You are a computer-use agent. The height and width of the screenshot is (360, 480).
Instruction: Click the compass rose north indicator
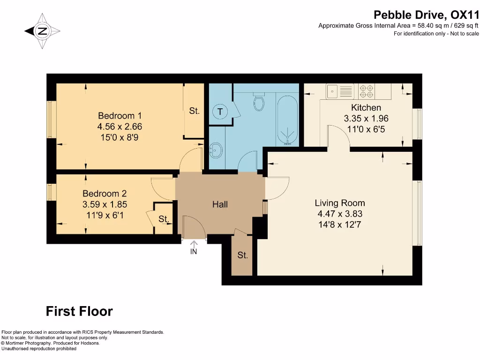coord(42,31)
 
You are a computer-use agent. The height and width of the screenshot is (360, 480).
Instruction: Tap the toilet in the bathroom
coord(259,101)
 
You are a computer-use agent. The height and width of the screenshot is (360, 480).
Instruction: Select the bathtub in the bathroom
coord(287,120)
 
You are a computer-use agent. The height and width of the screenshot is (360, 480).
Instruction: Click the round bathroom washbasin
coord(216,150)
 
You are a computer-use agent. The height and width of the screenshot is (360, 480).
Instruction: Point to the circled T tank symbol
coord(220,112)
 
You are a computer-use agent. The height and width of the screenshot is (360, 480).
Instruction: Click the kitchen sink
coord(339,91)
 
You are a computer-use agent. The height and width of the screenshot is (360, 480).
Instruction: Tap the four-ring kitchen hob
coord(367,91)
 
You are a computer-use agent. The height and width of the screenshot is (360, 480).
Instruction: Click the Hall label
coord(220,204)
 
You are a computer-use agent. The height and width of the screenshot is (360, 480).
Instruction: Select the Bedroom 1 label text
coord(120,116)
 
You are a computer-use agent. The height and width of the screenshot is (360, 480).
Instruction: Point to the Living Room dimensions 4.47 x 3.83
coord(340,214)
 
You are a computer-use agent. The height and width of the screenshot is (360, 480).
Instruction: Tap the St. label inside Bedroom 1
coord(194,111)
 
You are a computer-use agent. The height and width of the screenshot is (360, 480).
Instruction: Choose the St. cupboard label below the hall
coord(242,255)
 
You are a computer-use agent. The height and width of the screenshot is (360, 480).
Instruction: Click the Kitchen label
coord(366,107)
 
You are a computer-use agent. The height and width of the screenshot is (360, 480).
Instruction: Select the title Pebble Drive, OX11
coord(426,15)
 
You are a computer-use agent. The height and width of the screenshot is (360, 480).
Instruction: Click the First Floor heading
coord(79,311)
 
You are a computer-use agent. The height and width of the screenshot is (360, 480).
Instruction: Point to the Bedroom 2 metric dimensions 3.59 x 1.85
coord(105,204)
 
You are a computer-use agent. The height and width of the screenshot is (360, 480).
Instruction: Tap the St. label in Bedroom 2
coord(164,219)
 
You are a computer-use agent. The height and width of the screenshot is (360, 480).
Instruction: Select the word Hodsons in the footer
coord(90,343)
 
